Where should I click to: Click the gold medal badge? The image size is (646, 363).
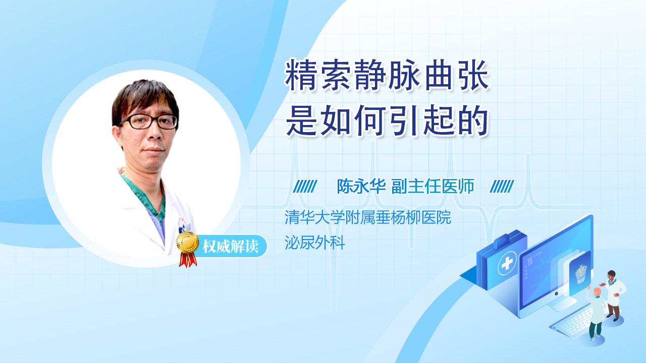tap(188, 242)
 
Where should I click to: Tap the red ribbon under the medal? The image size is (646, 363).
tap(188, 260)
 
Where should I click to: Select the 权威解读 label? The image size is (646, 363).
tap(230, 246)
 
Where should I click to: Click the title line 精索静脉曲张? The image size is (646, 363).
tap(387, 76)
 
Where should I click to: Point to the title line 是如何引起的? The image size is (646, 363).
tap(387, 120)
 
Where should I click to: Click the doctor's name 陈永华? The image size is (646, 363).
tap(361, 187)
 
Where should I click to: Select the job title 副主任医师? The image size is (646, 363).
tap(433, 187)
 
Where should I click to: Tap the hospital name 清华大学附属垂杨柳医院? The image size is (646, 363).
tap(368, 217)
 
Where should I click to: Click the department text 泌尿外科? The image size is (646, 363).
tap(314, 243)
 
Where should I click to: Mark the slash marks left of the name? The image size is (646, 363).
tap(305, 187)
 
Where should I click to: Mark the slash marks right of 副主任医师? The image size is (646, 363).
tap(502, 187)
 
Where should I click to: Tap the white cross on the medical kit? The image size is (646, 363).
tap(507, 263)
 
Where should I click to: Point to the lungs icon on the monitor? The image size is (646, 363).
tap(581, 274)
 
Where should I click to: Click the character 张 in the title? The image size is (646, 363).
tap(474, 76)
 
